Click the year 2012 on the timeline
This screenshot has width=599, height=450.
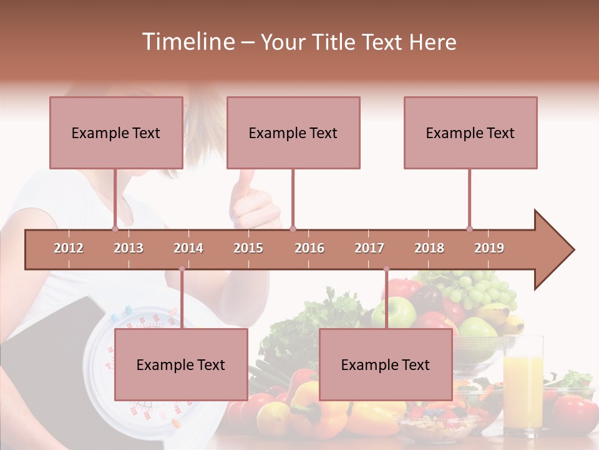tap(69, 248)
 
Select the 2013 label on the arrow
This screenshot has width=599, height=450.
tap(129, 248)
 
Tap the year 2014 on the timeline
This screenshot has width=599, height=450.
tap(188, 248)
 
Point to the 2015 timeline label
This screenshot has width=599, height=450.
tap(248, 248)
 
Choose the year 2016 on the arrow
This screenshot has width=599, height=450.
tap(309, 248)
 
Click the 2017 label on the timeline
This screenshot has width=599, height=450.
tap(369, 248)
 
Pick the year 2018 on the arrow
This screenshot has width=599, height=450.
tap(429, 248)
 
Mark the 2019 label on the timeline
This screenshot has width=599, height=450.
tap(489, 248)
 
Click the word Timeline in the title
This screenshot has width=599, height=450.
tap(187, 42)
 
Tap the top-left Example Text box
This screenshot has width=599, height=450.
tap(116, 132)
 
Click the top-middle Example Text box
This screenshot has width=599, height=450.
tap(293, 132)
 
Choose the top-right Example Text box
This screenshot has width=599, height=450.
tap(470, 132)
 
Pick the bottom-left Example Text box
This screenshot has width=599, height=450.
tap(181, 364)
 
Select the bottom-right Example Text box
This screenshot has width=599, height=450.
tap(386, 364)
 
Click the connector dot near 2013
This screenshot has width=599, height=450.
tap(115, 229)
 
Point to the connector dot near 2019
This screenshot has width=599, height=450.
tap(470, 229)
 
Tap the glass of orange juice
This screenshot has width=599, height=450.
tap(523, 387)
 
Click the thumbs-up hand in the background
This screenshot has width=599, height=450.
tap(253, 200)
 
